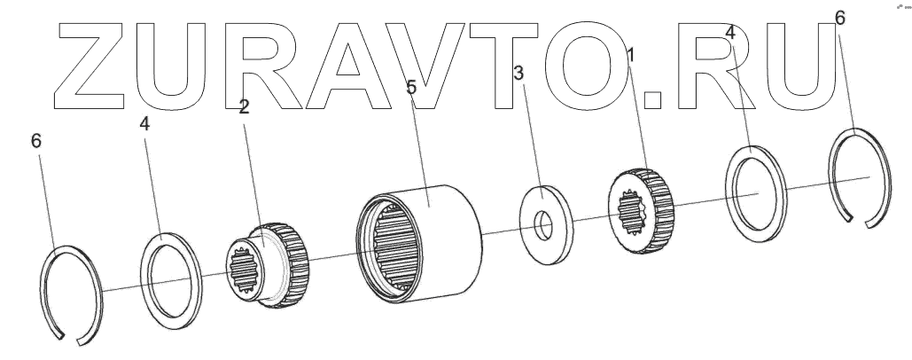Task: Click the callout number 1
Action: click(x=630, y=56)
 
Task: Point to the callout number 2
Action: click(x=244, y=109)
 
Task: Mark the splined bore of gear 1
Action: click(x=630, y=215)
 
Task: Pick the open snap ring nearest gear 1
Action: click(x=860, y=176)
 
